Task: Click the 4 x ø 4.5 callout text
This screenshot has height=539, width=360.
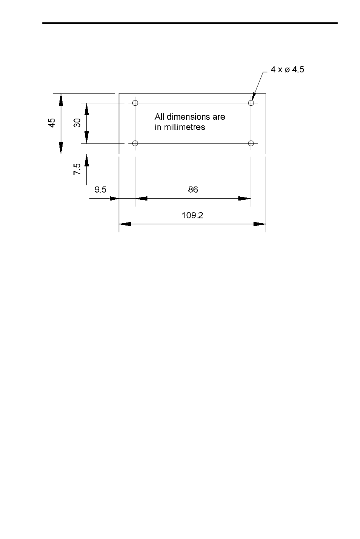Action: click(x=287, y=70)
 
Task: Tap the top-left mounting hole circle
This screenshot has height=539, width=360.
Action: click(x=135, y=103)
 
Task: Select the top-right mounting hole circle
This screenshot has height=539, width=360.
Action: click(x=251, y=103)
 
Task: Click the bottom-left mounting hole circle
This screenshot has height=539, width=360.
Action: click(x=135, y=143)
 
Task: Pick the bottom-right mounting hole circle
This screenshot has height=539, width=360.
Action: click(x=251, y=143)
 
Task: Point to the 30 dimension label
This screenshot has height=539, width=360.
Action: click(x=77, y=123)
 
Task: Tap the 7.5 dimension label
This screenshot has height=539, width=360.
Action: click(x=77, y=169)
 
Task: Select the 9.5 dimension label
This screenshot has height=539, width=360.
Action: click(x=100, y=190)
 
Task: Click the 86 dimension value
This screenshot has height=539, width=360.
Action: click(x=193, y=190)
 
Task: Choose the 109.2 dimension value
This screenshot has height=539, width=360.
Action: click(x=193, y=215)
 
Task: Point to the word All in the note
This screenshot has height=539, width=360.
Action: click(x=160, y=117)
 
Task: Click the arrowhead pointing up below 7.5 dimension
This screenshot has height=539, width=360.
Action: click(x=87, y=160)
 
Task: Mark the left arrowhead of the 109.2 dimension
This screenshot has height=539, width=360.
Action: click(x=125, y=224)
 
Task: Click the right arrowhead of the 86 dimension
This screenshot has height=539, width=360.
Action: click(x=245, y=198)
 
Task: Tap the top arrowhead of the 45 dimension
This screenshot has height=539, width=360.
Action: click(x=61, y=100)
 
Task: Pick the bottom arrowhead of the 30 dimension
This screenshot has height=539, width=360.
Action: click(x=87, y=137)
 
